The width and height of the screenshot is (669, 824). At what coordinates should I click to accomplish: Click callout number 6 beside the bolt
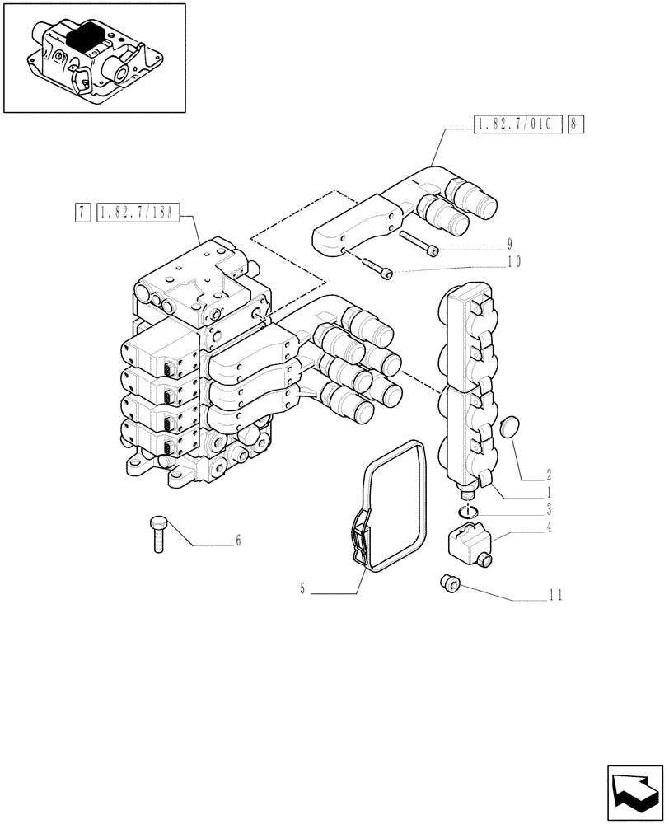pos(238,541)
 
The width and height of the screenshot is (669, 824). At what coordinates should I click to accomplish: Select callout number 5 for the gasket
pos(302,588)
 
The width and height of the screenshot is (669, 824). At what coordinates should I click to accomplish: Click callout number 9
pos(509,243)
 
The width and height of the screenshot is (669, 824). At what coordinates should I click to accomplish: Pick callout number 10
pos(515,262)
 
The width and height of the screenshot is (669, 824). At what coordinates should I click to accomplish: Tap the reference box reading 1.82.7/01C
pos(518,125)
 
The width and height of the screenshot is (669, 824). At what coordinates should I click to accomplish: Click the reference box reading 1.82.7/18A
pos(136,213)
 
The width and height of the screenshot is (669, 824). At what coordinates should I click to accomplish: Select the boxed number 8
pos(576,125)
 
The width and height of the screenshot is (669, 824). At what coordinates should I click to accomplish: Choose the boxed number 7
pos(82,213)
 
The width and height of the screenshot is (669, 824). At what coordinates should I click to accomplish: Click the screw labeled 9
pos(420,241)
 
